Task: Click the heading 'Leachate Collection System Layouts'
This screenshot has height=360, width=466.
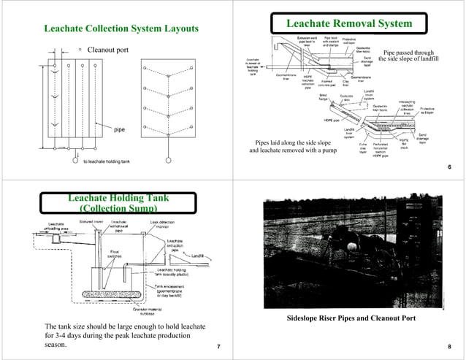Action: pyautogui.click(x=121, y=29)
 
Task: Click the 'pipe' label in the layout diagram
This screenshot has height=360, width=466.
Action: pyautogui.click(x=119, y=130)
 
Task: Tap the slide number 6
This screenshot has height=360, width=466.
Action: pyautogui.click(x=448, y=167)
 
